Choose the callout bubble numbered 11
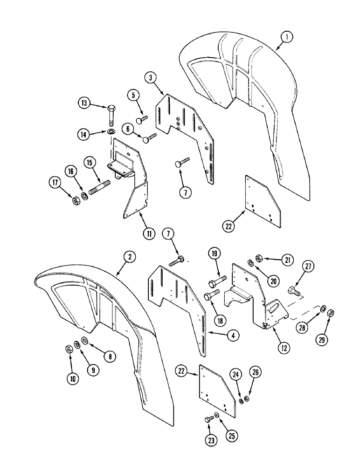point(148,233)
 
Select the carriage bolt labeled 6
point(149,137)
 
